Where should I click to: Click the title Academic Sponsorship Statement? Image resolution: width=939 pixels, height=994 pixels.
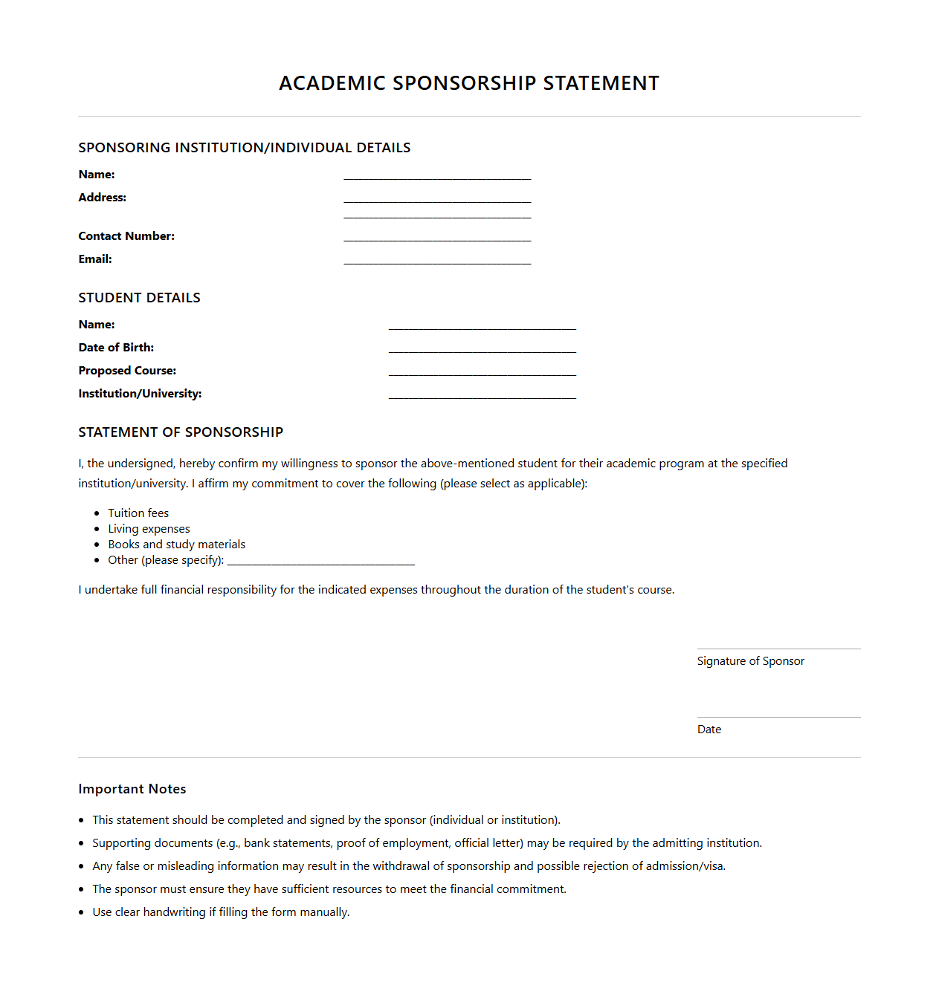(x=468, y=83)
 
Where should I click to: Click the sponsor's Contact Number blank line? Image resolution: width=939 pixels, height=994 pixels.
(x=437, y=237)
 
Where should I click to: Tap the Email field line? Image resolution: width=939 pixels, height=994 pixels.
(x=437, y=260)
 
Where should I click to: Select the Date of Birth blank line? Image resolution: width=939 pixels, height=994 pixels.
(x=482, y=348)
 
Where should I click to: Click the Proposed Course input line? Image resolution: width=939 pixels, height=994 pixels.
(x=482, y=371)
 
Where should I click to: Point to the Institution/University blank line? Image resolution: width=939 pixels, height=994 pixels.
(x=482, y=394)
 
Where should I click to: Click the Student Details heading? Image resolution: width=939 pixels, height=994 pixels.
(x=139, y=298)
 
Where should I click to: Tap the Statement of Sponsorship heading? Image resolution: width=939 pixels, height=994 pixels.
(x=181, y=432)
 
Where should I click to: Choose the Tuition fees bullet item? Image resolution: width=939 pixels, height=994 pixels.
(x=138, y=513)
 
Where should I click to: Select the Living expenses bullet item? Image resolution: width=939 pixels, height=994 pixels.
(x=149, y=529)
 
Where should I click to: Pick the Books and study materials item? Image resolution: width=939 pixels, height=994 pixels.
(x=176, y=545)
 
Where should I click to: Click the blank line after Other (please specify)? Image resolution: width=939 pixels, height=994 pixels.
(x=321, y=562)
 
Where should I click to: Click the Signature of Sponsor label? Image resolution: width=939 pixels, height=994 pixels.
(x=750, y=661)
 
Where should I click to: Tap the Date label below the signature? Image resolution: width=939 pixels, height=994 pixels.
(x=709, y=730)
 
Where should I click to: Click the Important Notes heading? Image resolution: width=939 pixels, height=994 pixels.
(x=132, y=789)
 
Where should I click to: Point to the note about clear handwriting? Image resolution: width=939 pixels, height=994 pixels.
(x=221, y=912)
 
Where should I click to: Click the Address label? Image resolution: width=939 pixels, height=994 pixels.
(x=103, y=198)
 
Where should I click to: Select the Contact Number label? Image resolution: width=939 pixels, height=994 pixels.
(x=126, y=236)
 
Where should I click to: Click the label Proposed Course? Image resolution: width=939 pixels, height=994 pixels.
(x=127, y=371)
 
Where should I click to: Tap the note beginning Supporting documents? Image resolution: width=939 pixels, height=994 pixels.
(x=427, y=843)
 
